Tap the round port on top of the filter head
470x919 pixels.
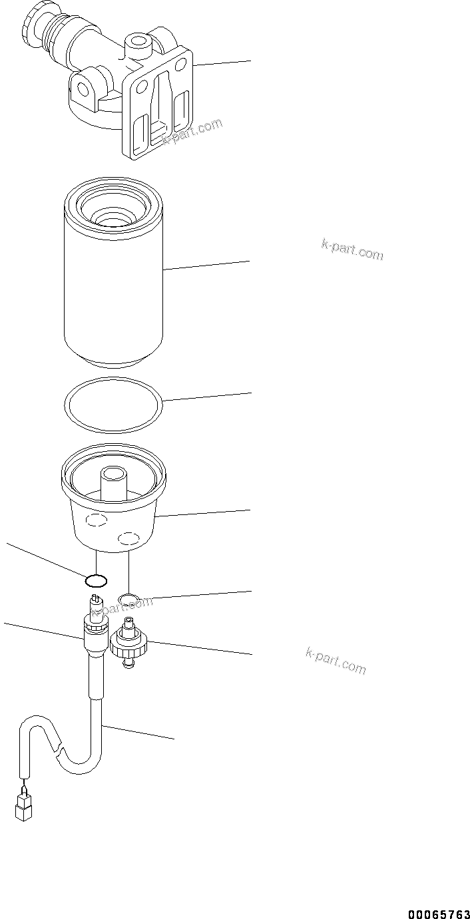138,43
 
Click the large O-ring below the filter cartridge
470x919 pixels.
113,405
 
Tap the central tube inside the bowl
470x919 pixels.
113,479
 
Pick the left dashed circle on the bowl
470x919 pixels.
97,521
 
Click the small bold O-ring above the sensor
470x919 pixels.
97,581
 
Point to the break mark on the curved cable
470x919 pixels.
59,753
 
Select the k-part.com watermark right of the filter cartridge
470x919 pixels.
352,250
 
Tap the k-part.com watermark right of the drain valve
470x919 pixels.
336,660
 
